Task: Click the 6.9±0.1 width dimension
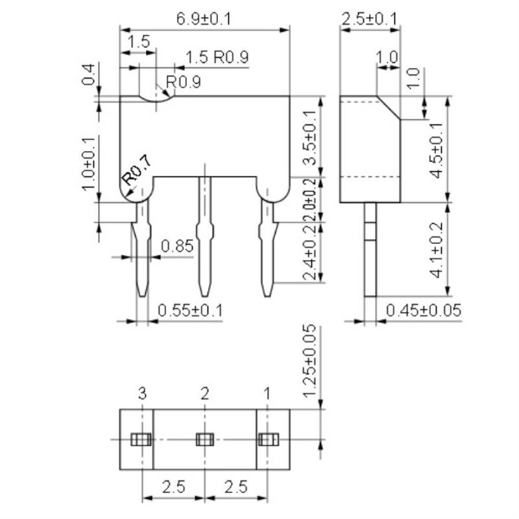coord(204,18)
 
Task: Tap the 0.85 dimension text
coord(177,246)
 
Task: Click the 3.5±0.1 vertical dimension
coord(310,137)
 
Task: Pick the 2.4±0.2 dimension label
coord(310,253)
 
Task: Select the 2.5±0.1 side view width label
coord(369,18)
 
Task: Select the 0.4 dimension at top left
coord(88,75)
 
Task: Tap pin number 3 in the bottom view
coord(142,394)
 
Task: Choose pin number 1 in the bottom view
coord(266,394)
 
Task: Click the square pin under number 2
coord(204,440)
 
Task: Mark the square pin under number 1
coord(266,440)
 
